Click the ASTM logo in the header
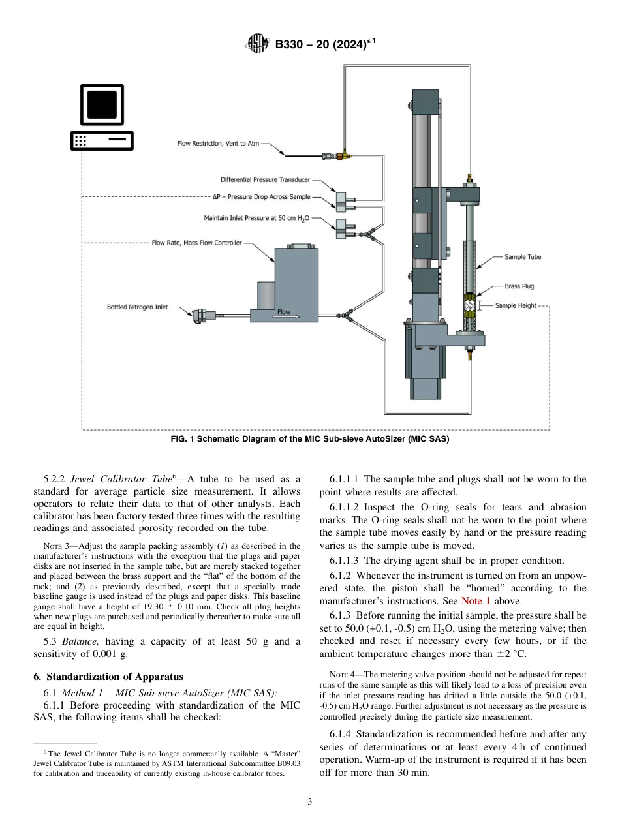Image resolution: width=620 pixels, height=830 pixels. click(x=257, y=44)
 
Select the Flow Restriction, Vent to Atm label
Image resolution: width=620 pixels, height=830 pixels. click(x=218, y=144)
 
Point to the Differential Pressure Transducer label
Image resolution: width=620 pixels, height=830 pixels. click(x=265, y=179)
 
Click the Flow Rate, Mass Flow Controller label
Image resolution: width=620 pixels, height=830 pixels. click(x=196, y=243)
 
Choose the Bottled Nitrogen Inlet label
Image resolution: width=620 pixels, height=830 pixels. click(x=137, y=307)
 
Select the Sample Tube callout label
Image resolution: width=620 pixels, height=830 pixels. click(x=522, y=257)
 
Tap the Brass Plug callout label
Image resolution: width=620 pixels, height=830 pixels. click(x=519, y=286)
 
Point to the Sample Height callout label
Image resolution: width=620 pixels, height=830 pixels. click(x=515, y=305)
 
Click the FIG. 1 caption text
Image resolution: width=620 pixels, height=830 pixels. click(x=309, y=439)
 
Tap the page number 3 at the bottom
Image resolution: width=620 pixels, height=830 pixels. click(x=309, y=801)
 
